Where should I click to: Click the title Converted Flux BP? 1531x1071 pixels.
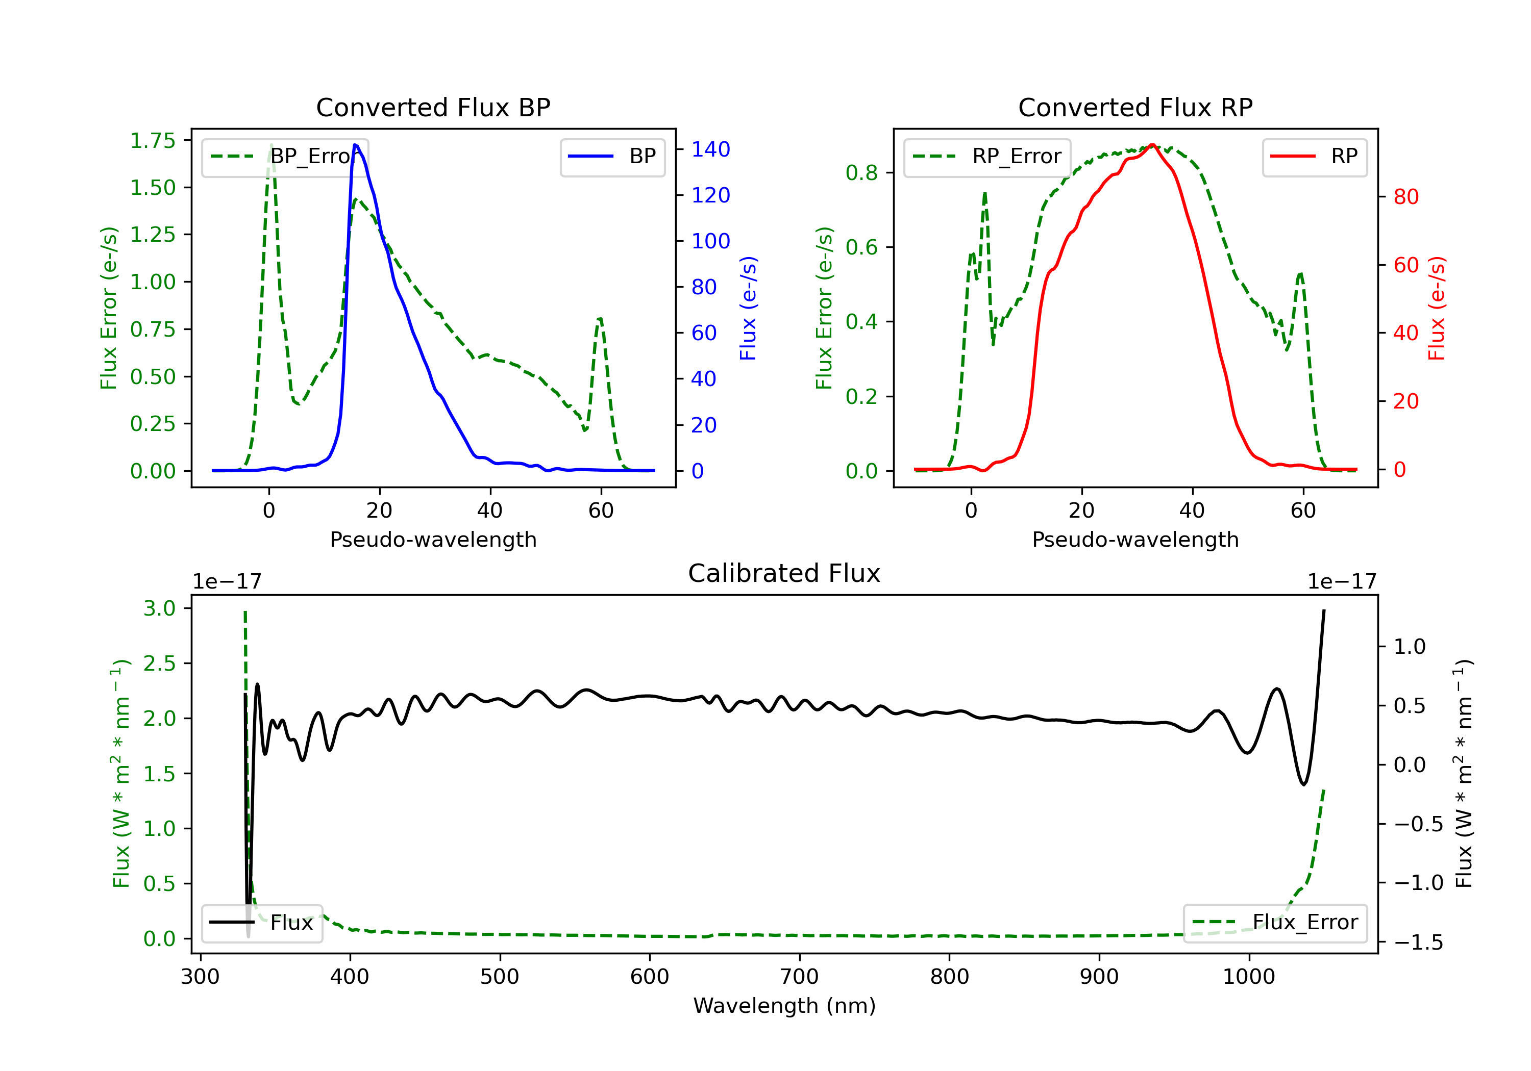pyautogui.click(x=433, y=107)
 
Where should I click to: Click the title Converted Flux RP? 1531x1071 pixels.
pyautogui.click(x=1135, y=107)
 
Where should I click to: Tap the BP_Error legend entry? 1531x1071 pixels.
pyautogui.click(x=285, y=157)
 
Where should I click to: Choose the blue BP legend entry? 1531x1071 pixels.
pyautogui.click(x=612, y=157)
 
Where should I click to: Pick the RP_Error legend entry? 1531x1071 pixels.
pyautogui.click(x=987, y=157)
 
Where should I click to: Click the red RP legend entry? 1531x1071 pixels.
pyautogui.click(x=1314, y=157)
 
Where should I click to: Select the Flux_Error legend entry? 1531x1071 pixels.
pyautogui.click(x=1275, y=923)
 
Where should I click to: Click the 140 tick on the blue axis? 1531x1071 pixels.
pyautogui.click(x=710, y=149)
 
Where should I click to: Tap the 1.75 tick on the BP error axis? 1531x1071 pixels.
pyautogui.click(x=153, y=141)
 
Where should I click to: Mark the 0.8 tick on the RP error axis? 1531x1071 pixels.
pyautogui.click(x=861, y=172)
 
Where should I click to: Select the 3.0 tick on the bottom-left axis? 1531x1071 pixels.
pyautogui.click(x=159, y=608)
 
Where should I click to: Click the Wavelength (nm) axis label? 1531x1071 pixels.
pyautogui.click(x=784, y=1006)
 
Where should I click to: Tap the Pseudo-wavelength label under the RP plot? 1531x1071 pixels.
pyautogui.click(x=1135, y=539)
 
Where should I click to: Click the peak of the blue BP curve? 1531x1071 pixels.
pyautogui.click(x=355, y=145)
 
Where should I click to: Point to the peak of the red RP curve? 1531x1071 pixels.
pyautogui.click(x=1152, y=145)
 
